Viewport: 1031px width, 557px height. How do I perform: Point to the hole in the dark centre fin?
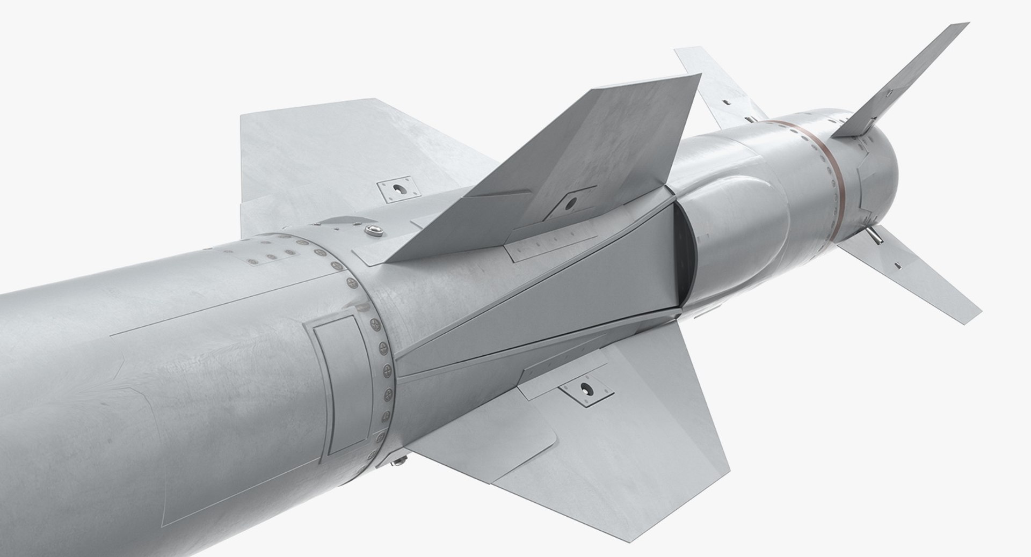tap(570, 203)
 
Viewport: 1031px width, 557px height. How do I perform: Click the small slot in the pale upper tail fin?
tap(726, 101)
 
